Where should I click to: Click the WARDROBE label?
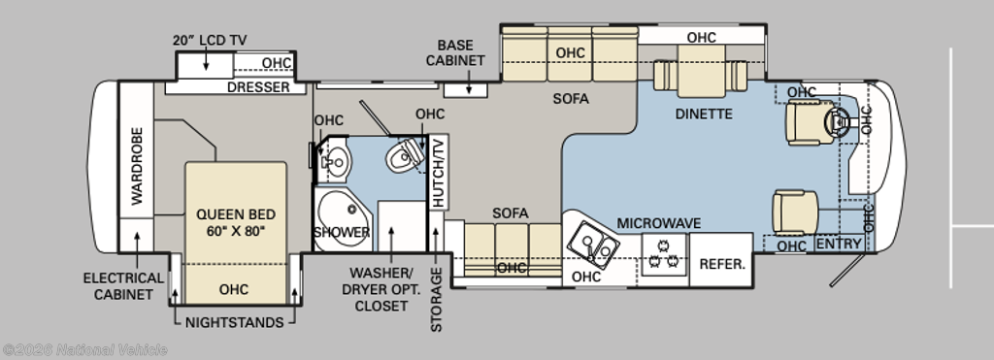click(x=137, y=166)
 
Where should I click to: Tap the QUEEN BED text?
click(x=236, y=214)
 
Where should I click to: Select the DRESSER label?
click(x=258, y=87)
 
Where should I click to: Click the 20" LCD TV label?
click(x=210, y=41)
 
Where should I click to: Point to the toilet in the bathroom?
click(x=405, y=155)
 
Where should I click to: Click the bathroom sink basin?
click(x=335, y=162)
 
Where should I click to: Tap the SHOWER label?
click(x=342, y=233)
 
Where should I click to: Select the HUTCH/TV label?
click(x=439, y=173)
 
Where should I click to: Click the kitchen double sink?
click(x=593, y=245)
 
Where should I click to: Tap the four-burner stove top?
click(x=664, y=254)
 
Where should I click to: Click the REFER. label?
click(x=722, y=264)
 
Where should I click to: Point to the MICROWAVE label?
click(x=659, y=223)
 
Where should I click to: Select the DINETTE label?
click(x=704, y=115)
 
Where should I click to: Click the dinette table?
click(x=701, y=80)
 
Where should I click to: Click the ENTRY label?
click(x=839, y=244)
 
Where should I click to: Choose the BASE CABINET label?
click(x=455, y=53)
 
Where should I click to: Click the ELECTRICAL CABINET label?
click(x=123, y=286)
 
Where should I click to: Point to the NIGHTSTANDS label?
click(x=235, y=322)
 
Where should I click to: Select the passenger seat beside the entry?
click(x=795, y=213)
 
